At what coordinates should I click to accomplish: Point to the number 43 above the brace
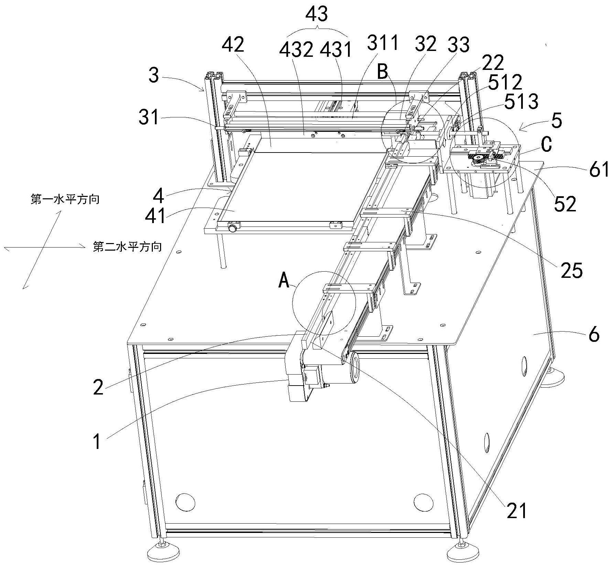pos(317,14)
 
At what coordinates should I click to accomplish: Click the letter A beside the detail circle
pos(284,281)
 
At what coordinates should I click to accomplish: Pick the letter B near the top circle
pos(383,72)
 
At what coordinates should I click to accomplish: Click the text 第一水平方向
pos(65,199)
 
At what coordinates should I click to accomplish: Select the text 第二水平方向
pos(127,246)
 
